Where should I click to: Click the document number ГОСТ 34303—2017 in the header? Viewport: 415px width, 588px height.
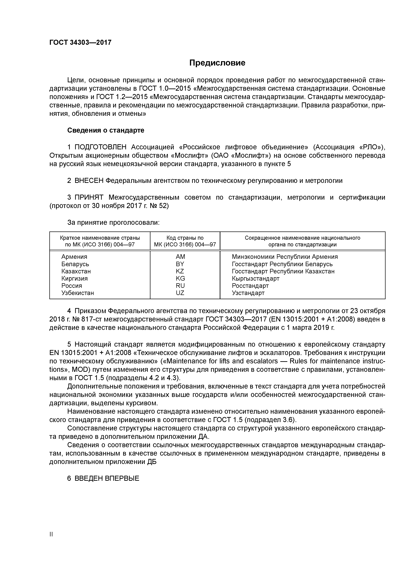80,42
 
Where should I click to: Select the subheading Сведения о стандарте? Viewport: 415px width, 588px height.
106,130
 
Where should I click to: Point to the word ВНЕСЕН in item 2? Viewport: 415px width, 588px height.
89,181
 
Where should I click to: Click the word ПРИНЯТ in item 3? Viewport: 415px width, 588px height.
89,197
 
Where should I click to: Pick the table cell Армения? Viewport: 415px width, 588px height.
74,257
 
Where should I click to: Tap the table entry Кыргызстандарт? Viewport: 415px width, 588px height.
256,279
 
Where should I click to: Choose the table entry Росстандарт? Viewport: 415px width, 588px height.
250,286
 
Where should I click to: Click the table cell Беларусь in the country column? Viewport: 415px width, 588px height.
75,264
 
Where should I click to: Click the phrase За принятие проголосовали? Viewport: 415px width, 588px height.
113,223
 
